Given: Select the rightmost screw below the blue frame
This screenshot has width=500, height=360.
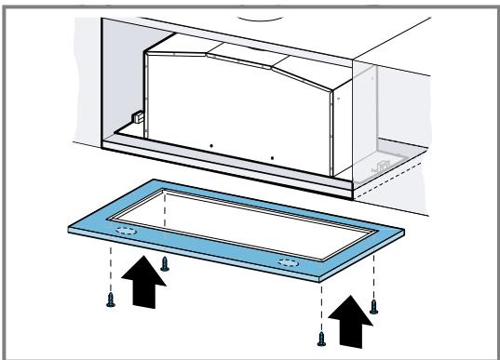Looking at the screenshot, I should click(x=373, y=305).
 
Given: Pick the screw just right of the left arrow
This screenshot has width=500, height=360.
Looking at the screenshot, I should click(x=165, y=263).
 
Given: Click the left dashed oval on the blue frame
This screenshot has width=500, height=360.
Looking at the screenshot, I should click(x=122, y=228).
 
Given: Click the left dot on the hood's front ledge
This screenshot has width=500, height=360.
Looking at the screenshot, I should click(x=211, y=148).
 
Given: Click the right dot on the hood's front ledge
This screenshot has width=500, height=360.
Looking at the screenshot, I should click(x=271, y=159).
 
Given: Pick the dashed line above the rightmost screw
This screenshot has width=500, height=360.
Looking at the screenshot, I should click(x=373, y=275).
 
